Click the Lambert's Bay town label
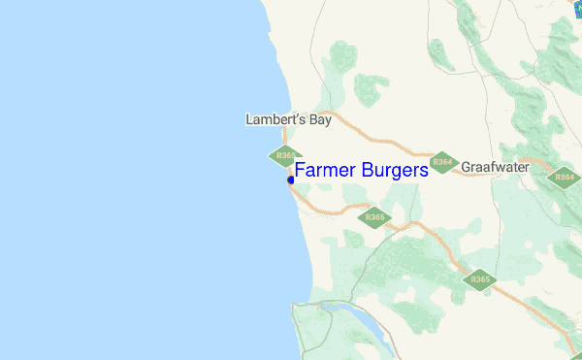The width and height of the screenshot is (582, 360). point(288,120)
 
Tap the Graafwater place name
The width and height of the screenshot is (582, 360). point(495,167)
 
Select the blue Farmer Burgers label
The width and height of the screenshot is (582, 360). point(361,170)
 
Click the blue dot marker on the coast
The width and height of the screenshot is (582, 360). point(291,180)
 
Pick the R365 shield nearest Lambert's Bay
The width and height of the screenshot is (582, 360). point(284,155)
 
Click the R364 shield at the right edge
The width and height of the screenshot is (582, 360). point(564,178)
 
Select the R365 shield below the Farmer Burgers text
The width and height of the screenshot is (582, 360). point(373,217)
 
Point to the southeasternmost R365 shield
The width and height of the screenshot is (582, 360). point(479,280)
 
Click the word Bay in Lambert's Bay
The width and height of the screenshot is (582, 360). point(319,120)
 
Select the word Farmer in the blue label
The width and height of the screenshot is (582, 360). point(325,170)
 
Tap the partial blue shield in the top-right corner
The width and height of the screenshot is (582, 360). point(576,6)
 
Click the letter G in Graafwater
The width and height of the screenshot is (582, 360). point(467,167)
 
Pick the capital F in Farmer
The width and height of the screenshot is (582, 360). point(300,170)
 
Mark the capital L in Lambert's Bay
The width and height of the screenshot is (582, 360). point(249,120)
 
